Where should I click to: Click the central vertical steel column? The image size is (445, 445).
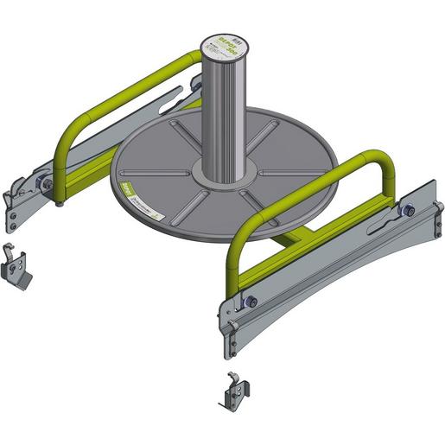(221, 112)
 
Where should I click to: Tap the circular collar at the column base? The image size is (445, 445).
(221, 176)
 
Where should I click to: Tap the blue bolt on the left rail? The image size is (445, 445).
(41, 182)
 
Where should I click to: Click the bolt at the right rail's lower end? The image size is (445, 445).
(250, 301)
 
